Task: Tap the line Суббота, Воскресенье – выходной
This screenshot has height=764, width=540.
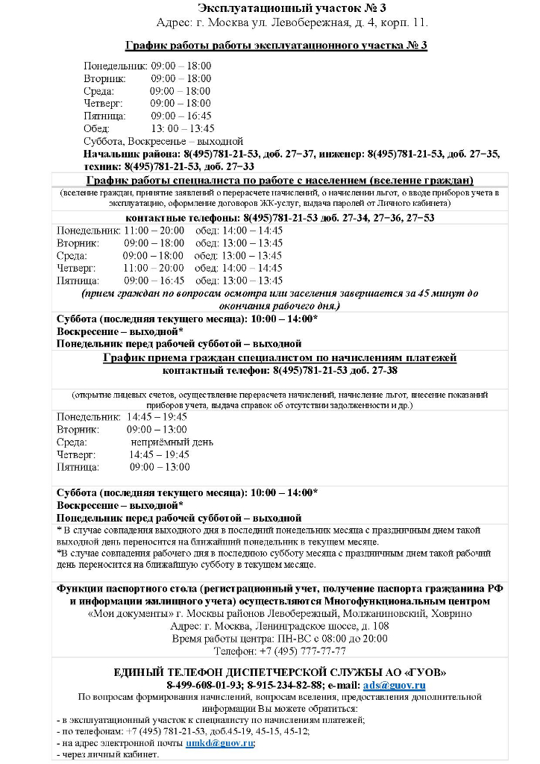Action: click(163, 140)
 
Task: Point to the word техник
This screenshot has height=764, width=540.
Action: click(102, 166)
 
